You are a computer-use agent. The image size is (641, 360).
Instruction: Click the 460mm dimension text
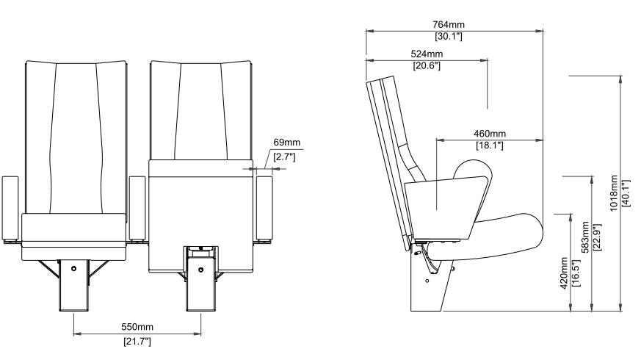click(489, 134)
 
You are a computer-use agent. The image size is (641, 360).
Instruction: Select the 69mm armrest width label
click(286, 143)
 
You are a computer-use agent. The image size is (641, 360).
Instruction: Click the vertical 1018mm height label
click(615, 192)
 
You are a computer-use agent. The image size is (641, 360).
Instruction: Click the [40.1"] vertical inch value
click(626, 192)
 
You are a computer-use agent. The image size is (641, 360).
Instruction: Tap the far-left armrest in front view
click(10, 209)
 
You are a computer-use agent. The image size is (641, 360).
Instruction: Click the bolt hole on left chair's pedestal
click(74, 268)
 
